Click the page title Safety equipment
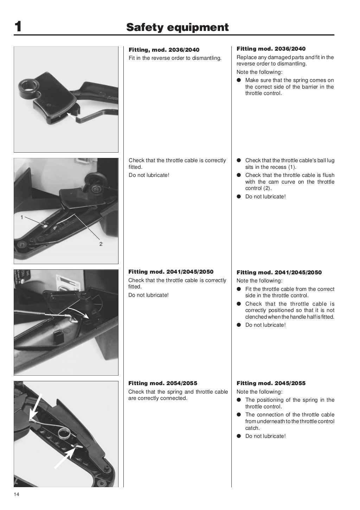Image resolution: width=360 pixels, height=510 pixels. pyautogui.click(x=177, y=27)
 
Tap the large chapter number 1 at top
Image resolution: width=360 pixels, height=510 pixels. pyautogui.click(x=18, y=27)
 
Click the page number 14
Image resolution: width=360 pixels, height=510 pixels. pyautogui.click(x=17, y=495)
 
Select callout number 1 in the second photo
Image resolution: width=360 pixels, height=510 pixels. pyautogui.click(x=22, y=217)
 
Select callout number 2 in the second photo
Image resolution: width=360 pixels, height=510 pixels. pyautogui.click(x=101, y=244)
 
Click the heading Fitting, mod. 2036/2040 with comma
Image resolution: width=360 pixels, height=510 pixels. pyautogui.click(x=164, y=50)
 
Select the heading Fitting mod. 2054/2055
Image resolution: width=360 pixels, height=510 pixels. pyautogui.click(x=162, y=383)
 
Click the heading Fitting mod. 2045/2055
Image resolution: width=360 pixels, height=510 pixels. pyautogui.click(x=271, y=383)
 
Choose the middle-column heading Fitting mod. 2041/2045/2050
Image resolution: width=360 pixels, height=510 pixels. pyautogui.click(x=171, y=272)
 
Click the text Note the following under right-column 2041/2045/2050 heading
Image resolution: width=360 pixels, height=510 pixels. pyautogui.click(x=259, y=281)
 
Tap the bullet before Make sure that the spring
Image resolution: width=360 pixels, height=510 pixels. pyautogui.click(x=238, y=80)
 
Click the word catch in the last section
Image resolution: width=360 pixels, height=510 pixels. pyautogui.click(x=252, y=428)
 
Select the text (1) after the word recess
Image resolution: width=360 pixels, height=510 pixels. pyautogui.click(x=292, y=167)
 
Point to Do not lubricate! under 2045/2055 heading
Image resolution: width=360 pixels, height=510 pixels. pyautogui.click(x=265, y=436)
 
